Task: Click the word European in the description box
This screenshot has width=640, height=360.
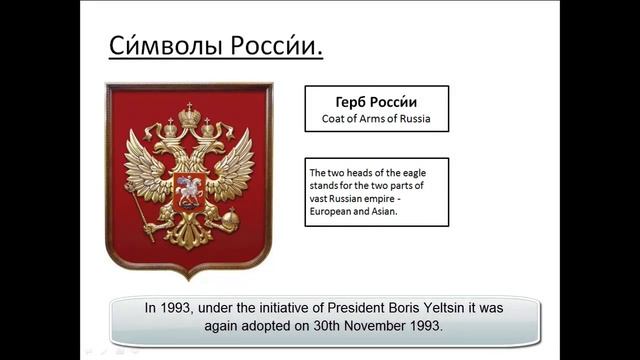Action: [333, 211]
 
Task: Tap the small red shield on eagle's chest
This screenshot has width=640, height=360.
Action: [187, 189]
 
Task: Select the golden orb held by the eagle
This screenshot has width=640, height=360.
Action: [230, 217]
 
